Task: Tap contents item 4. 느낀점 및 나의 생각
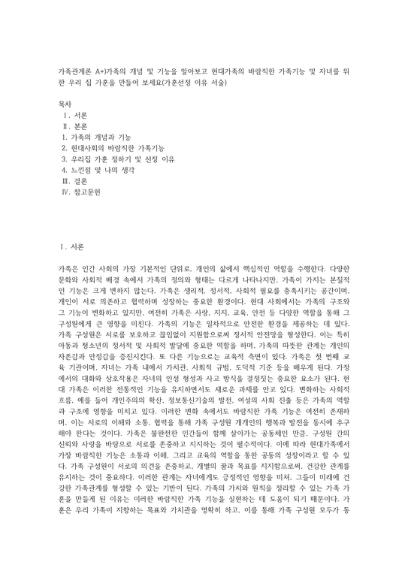click(98, 171)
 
